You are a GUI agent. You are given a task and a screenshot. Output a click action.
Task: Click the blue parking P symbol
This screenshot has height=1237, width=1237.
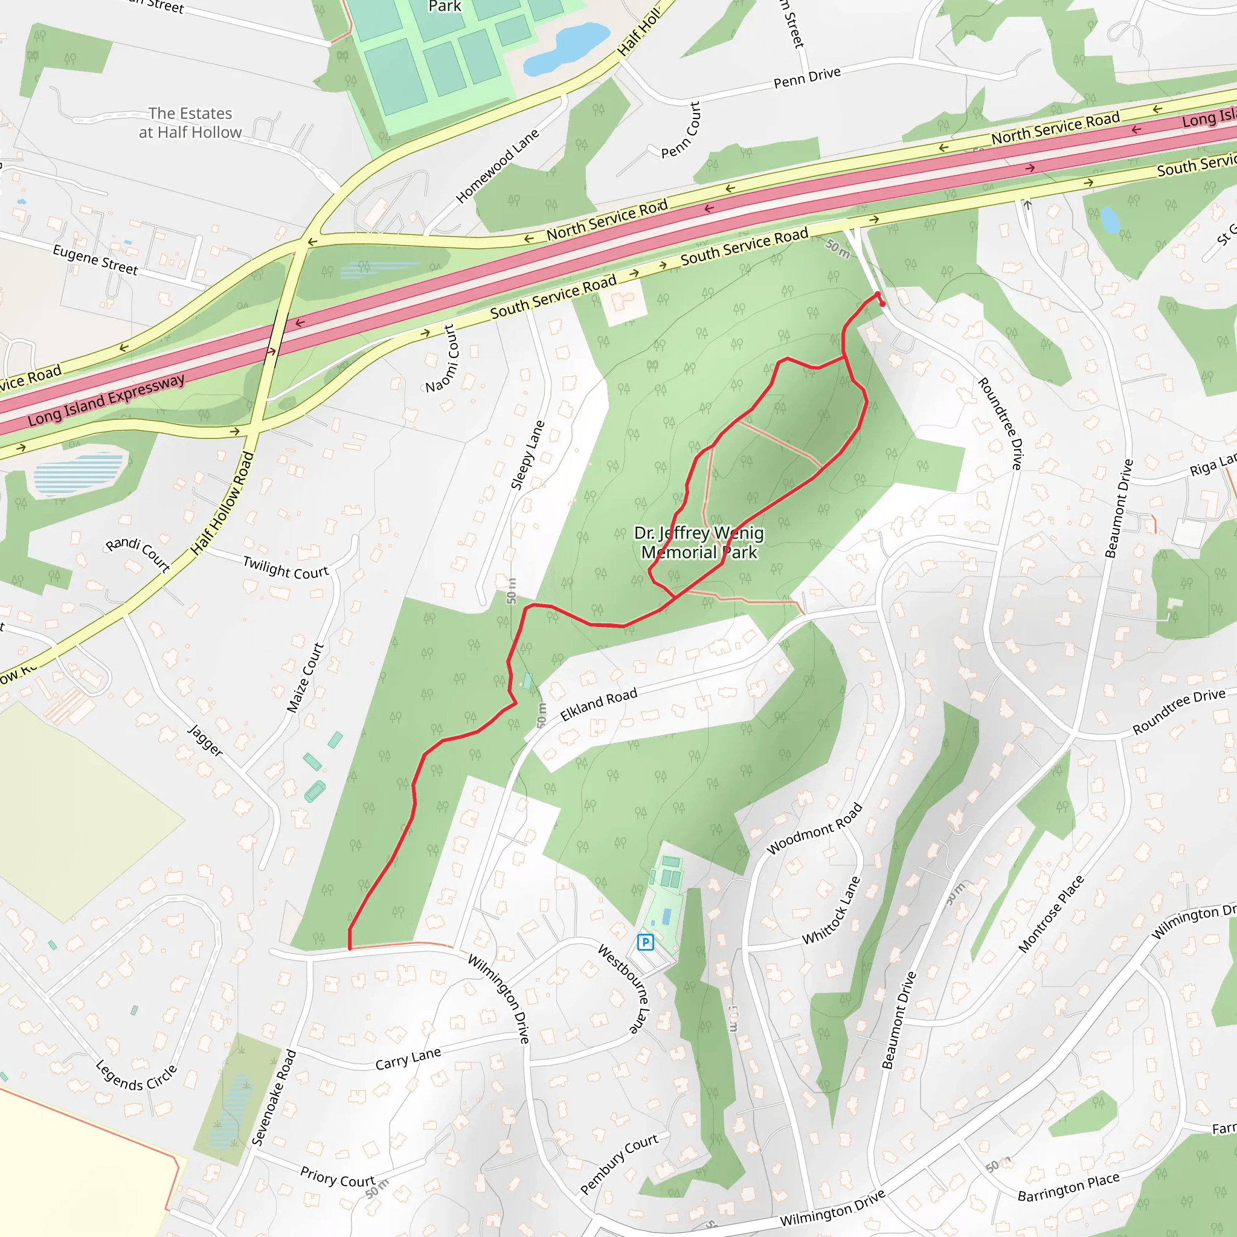pyautogui.click(x=646, y=942)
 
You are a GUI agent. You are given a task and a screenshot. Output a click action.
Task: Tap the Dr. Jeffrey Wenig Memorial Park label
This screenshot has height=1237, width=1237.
pyautogui.click(x=699, y=542)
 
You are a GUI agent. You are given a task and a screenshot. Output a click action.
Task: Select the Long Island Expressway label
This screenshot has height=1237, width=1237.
pyautogui.click(x=106, y=401)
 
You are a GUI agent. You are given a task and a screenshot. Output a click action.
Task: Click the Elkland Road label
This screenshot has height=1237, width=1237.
pyautogui.click(x=599, y=704)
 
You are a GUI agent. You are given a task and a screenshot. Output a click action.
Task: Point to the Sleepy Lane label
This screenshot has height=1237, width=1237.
pyautogui.click(x=527, y=455)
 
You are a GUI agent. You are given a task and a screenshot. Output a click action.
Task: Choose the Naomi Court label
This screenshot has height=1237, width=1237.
pyautogui.click(x=442, y=359)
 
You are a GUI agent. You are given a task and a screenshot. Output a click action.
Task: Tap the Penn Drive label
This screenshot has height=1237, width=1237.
pyautogui.click(x=807, y=77)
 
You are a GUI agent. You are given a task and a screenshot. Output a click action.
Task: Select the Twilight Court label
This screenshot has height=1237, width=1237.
pyautogui.click(x=286, y=568)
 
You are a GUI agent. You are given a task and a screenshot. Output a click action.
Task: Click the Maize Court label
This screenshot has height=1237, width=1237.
pyautogui.click(x=306, y=678)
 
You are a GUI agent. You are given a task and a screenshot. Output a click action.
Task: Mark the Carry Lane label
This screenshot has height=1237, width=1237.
pyautogui.click(x=408, y=1058)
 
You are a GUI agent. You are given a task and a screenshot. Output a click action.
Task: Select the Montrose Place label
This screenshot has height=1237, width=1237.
pyautogui.click(x=1051, y=914)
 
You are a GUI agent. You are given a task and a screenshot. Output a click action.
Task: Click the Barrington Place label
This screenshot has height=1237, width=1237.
pyautogui.click(x=1068, y=1187)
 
